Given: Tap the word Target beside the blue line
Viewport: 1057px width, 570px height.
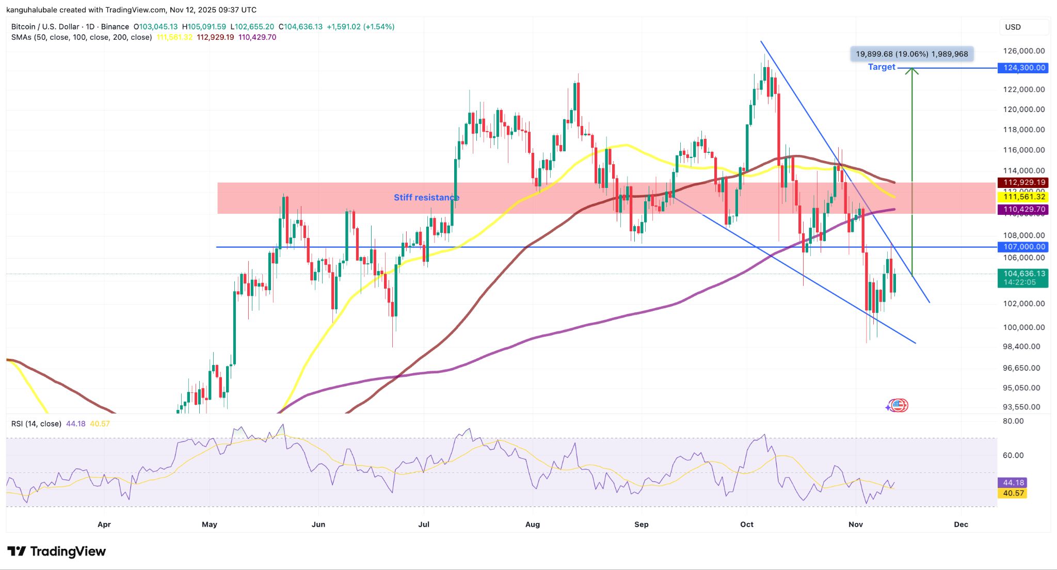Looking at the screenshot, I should [881, 67].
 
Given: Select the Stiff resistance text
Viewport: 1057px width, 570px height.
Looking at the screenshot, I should [426, 197].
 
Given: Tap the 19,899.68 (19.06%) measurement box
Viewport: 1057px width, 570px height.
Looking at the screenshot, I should [911, 54].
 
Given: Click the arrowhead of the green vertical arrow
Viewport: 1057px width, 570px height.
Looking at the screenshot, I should [912, 71].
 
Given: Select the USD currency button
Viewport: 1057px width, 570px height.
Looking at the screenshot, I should [1013, 27].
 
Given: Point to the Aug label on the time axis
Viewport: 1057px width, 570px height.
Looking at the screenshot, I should [532, 524].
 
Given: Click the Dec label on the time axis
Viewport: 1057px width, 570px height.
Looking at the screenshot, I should [960, 524].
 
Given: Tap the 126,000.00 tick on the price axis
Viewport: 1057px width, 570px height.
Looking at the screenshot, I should [1023, 51].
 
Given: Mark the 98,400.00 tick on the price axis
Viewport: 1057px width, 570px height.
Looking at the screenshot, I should [1021, 346].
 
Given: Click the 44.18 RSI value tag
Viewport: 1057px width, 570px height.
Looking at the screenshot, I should [1013, 483].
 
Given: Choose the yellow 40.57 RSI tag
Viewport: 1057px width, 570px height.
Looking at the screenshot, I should [1013, 493].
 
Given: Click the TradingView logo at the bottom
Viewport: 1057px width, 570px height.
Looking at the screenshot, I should [57, 551].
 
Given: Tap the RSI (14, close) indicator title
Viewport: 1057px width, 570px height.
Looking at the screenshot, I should [36, 423].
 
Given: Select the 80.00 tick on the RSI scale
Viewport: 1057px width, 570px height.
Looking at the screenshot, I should [1013, 421].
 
